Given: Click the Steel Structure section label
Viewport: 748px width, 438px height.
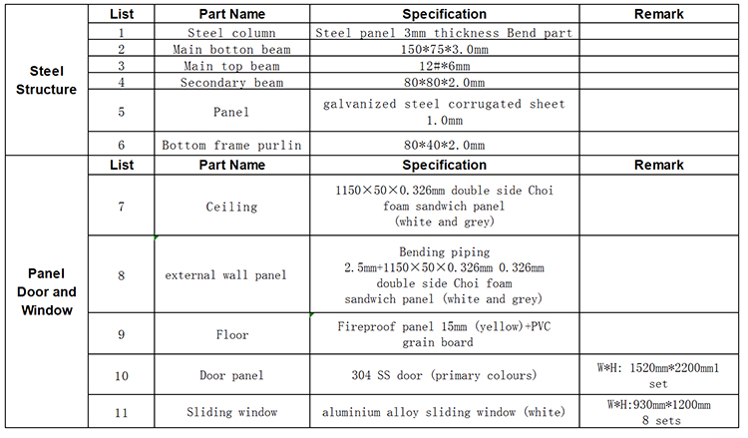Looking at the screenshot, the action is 46,80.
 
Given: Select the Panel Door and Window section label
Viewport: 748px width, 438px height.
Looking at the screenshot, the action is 46,291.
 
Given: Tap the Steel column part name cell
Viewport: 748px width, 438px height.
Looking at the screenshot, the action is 231,33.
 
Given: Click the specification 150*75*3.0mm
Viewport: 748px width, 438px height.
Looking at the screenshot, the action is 444,49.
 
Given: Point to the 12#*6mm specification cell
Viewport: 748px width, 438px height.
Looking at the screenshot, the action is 444,66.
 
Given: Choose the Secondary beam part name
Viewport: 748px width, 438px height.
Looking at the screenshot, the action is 231,83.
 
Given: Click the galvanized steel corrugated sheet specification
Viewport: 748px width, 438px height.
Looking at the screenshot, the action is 444,112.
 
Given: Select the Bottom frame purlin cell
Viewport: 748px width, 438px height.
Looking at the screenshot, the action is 231,145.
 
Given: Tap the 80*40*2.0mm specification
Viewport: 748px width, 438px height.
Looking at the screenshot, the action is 444,145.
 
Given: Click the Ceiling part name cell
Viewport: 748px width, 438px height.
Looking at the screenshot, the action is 231,207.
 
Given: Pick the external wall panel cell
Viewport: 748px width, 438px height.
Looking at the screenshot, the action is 225,275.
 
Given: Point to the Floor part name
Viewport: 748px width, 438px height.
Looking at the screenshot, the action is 232,334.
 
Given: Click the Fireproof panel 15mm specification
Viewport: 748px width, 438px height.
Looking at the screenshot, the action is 444,334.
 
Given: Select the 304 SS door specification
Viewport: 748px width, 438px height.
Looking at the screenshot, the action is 444,375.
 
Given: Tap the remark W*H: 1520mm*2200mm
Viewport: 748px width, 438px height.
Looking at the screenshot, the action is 658,375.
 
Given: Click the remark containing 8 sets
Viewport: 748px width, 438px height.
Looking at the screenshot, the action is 659,412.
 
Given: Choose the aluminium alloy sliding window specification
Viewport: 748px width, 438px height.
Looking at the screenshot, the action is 444,412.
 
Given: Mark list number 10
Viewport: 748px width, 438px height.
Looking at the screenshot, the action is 121,376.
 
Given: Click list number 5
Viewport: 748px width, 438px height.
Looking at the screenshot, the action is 121,112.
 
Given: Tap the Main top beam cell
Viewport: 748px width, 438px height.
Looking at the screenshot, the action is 231,66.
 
